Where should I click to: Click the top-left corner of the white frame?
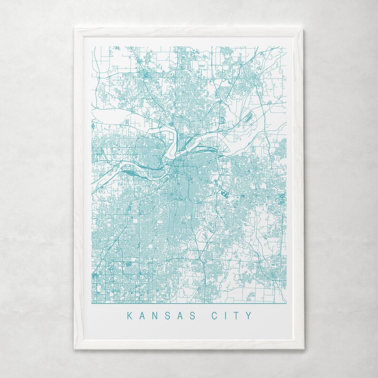click(x=74, y=29)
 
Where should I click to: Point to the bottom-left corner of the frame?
click(x=74, y=349)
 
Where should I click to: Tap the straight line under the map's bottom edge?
click(x=189, y=303)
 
